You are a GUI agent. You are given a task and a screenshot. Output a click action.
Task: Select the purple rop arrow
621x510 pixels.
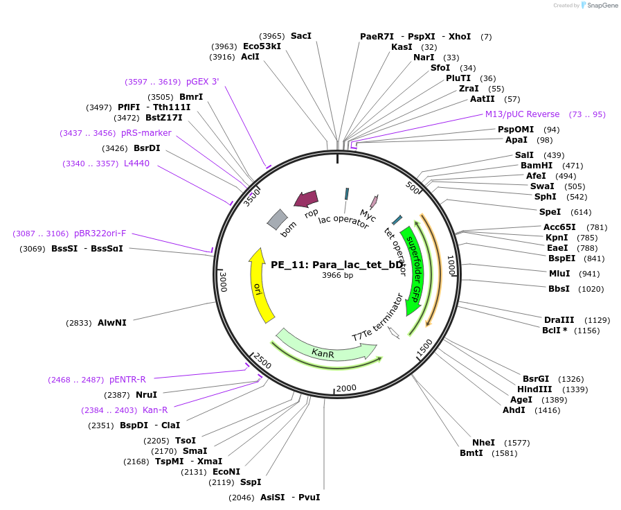pos(306,200)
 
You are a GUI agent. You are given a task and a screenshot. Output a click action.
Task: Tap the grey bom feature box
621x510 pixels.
pos(277,220)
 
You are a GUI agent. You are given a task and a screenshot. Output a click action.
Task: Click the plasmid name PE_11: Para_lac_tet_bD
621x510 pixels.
pos(337,264)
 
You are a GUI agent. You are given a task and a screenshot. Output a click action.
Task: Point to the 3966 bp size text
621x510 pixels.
pos(337,275)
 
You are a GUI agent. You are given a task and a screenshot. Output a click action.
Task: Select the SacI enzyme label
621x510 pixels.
pos(301,35)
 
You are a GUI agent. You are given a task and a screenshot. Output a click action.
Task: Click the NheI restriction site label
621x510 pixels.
pos(483,442)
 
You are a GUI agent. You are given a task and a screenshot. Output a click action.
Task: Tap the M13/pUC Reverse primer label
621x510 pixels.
pos(522,114)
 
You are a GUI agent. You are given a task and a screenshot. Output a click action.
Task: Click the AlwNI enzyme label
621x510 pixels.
pos(111,323)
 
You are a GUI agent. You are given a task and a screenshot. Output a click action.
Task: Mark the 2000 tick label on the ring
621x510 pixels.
pos(346,387)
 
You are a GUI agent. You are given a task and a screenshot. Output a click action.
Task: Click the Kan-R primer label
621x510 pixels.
pos(155,410)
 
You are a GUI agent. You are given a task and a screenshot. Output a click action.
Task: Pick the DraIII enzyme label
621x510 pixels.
pos(559,319)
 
